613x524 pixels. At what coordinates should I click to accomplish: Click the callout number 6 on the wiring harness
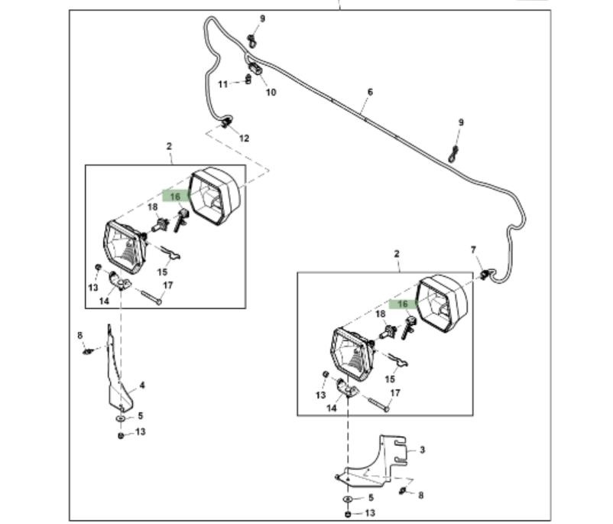[x=370, y=92]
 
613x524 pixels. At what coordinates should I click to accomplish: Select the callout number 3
[x=422, y=451]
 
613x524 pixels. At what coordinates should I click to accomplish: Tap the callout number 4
[x=141, y=386]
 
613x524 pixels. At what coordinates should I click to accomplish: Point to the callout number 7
[x=473, y=250]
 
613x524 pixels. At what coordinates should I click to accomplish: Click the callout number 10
[x=271, y=93]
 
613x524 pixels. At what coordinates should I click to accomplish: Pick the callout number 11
[x=222, y=83]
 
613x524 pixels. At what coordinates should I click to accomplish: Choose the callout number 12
[x=245, y=138]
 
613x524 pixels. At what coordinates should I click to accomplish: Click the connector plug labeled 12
[x=226, y=123]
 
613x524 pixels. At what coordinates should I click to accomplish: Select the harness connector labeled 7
[x=485, y=273]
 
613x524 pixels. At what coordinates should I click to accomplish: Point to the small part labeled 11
[x=248, y=80]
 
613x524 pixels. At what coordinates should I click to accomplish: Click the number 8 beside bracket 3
[x=420, y=496]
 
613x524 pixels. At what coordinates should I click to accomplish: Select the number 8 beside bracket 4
[x=79, y=335]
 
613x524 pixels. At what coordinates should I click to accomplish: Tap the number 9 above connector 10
[x=262, y=18]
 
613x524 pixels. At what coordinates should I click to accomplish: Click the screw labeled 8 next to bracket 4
[x=89, y=351]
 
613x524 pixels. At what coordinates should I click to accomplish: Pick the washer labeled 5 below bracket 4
[x=121, y=419]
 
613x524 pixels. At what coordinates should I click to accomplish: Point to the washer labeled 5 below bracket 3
[x=348, y=499]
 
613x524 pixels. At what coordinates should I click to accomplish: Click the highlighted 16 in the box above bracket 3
[x=401, y=304]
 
